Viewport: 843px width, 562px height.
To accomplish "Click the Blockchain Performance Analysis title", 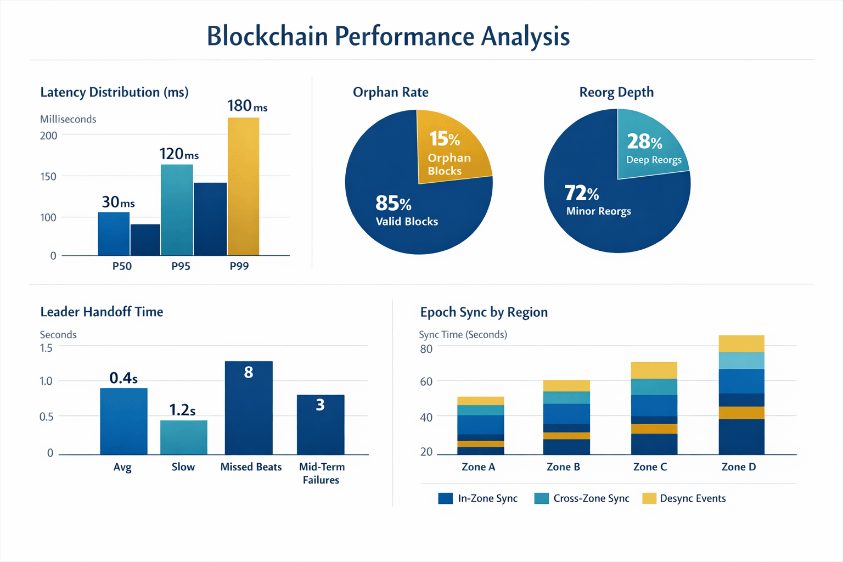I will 388,36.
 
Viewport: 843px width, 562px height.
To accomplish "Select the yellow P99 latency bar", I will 243,187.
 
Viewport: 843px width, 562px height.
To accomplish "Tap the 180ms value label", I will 247,105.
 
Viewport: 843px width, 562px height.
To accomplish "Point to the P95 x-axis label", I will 181,266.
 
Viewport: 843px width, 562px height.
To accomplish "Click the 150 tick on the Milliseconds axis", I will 48,176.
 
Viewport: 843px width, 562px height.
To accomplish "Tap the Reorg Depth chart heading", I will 616,92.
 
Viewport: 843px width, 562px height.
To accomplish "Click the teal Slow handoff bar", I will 184,437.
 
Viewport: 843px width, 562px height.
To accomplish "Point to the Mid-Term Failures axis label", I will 322,473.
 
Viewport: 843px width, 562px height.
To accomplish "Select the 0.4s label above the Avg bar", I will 123,378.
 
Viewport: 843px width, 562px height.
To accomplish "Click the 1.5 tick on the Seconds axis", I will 46,348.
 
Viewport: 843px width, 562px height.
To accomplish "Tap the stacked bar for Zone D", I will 741,395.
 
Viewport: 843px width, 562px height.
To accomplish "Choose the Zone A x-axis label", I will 478,467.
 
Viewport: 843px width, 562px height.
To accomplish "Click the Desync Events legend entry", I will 692,498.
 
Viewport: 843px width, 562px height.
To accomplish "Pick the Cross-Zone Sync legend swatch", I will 541,498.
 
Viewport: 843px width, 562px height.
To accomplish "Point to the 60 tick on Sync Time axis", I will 426,381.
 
